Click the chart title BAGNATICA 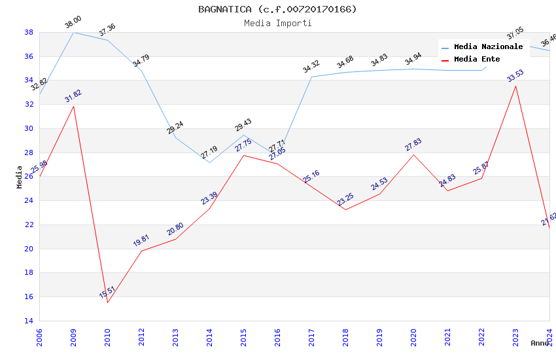click(277, 9)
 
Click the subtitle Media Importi click(277, 23)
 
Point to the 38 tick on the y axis click(29, 32)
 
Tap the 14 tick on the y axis click(29, 321)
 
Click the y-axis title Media click(20, 176)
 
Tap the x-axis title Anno click(540, 343)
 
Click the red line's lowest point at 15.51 click(107, 302)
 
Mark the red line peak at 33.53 click(515, 86)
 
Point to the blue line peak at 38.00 click(73, 32)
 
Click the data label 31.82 click(73, 96)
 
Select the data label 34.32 click(311, 66)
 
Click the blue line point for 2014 click(209, 162)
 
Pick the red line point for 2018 click(345, 209)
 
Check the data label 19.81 click(141, 240)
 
